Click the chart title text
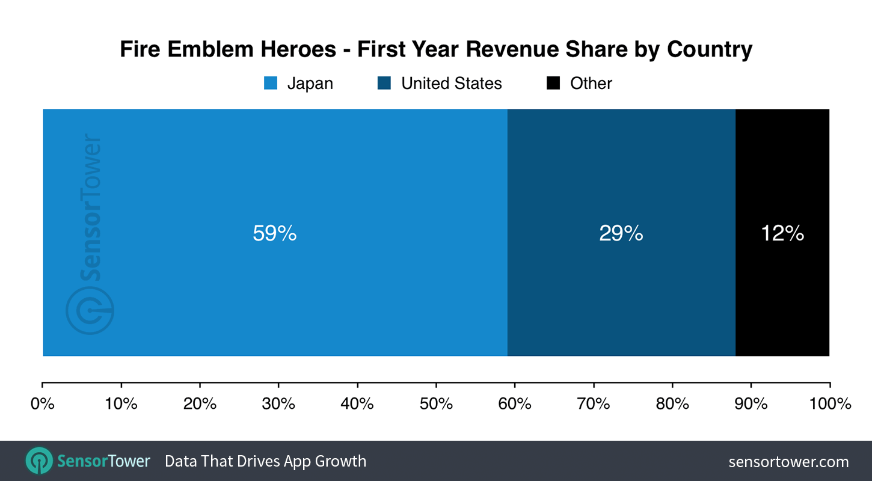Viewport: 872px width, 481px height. pyautogui.click(x=436, y=49)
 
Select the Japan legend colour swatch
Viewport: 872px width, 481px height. pyautogui.click(x=271, y=83)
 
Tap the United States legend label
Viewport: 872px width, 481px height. pyautogui.click(x=451, y=83)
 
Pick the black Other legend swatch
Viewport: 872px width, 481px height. pyautogui.click(x=553, y=83)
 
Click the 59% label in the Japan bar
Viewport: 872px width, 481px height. pyautogui.click(x=275, y=233)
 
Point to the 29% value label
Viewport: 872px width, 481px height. pyautogui.click(x=621, y=233)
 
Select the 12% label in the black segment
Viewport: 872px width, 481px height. pyautogui.click(x=782, y=233)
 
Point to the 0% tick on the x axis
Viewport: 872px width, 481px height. pyautogui.click(x=42, y=403)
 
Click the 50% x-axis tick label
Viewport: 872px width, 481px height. pyautogui.click(x=436, y=403)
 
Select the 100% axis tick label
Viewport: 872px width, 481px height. pyautogui.click(x=829, y=403)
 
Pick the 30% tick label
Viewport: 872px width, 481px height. pyautogui.click(x=278, y=403)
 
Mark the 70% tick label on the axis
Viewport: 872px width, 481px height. pyautogui.click(x=594, y=403)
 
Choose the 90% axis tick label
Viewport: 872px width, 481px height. pyautogui.click(x=751, y=403)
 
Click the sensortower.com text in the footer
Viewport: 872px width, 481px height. pyautogui.click(x=788, y=462)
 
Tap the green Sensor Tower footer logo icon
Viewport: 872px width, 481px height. pyautogui.click(x=39, y=461)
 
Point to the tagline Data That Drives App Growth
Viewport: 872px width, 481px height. pyautogui.click(x=265, y=461)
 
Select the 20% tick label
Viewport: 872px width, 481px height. pyautogui.click(x=200, y=403)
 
